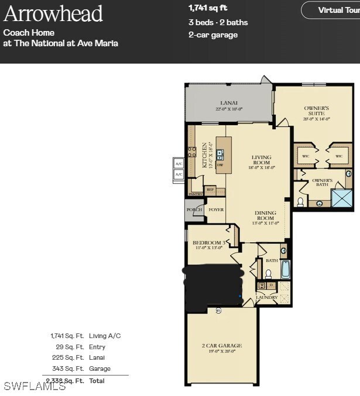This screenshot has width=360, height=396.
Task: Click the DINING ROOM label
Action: pos(265,217)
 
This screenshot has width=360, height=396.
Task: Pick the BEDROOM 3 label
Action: pos(209,243)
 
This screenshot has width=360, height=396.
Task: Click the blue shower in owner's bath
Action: pos(342,198)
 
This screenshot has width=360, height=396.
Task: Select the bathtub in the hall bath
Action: pos(285,270)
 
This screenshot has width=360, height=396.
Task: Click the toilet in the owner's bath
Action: pos(300,202)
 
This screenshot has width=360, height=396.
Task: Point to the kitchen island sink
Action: pos(220,154)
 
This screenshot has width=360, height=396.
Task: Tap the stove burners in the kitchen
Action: pos(191,153)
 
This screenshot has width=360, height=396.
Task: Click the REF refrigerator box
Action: pos(210,190)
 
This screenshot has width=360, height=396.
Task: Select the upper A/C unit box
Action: pos(179,164)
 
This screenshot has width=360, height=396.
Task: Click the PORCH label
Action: pos(194,209)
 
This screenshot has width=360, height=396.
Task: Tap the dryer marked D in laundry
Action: pos(272,285)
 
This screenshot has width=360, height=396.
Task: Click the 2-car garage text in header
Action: pos(212,35)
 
